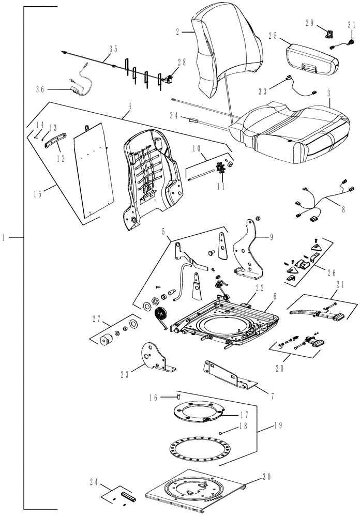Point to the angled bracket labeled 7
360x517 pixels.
(x=228, y=374)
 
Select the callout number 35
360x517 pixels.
(x=112, y=49)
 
